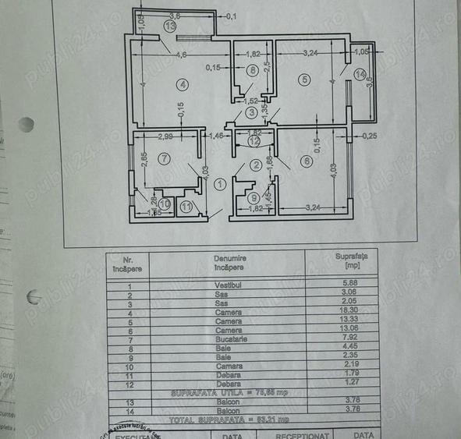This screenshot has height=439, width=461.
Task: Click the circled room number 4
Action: point(182,84)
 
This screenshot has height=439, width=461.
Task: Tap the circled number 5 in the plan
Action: point(304,79)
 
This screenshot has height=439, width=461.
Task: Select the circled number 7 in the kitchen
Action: point(163,159)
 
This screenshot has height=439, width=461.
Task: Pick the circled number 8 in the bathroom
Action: point(252,71)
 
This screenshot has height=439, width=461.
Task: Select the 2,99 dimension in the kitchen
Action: point(165,137)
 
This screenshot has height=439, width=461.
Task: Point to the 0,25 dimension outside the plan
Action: point(370,136)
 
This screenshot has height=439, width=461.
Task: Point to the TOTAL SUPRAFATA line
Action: point(226,419)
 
